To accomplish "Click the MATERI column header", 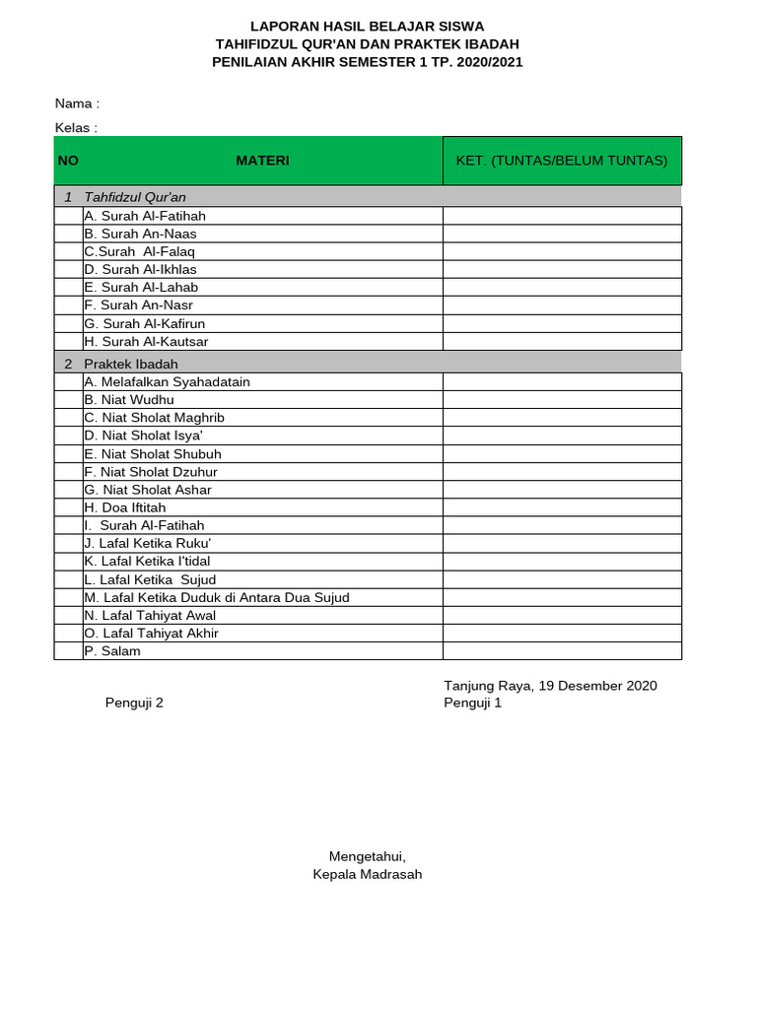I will pyautogui.click(x=262, y=161).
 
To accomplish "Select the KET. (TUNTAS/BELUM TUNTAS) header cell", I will pyautogui.click(x=562, y=161).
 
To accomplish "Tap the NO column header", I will pyautogui.click(x=68, y=161).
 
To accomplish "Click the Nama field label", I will pyautogui.click(x=77, y=103).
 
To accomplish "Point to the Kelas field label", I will pyautogui.click(x=76, y=128).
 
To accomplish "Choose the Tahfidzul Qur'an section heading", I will pyautogui.click(x=135, y=197).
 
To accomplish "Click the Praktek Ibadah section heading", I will pyautogui.click(x=131, y=364).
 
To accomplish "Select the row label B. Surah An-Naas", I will pyautogui.click(x=141, y=234).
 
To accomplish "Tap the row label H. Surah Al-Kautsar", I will pyautogui.click(x=146, y=342).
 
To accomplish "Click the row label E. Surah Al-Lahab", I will pyautogui.click(x=142, y=288).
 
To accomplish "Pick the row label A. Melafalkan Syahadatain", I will pyautogui.click(x=168, y=382).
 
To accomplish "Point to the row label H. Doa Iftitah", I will pyautogui.click(x=125, y=507).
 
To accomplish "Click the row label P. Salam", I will pyautogui.click(x=112, y=651).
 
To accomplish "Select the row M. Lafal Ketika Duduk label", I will pyautogui.click(x=217, y=597).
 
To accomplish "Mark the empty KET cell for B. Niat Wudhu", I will pyautogui.click(x=562, y=400).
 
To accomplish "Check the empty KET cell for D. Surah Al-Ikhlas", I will pyautogui.click(x=562, y=269).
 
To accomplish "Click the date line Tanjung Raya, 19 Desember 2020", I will pyautogui.click(x=550, y=686).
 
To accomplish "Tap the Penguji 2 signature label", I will pyautogui.click(x=134, y=704).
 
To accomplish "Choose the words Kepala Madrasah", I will pyautogui.click(x=367, y=875).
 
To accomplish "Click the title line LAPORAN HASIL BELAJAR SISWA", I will pyautogui.click(x=367, y=27).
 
